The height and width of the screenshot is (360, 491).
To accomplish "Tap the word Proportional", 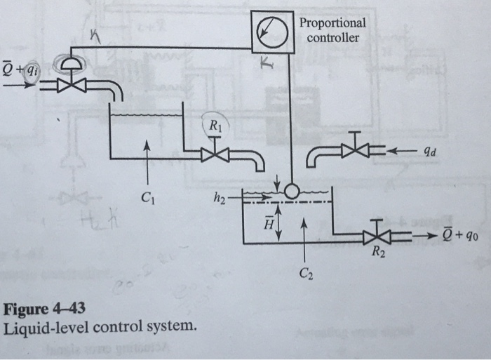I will point(332,22).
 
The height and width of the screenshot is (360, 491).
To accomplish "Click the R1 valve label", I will point(215,126).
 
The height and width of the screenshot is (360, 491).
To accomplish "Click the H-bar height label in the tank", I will point(268,224).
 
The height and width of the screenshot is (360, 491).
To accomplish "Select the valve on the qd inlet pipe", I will point(358,149).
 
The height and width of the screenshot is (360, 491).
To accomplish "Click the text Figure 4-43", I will point(46,309).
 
